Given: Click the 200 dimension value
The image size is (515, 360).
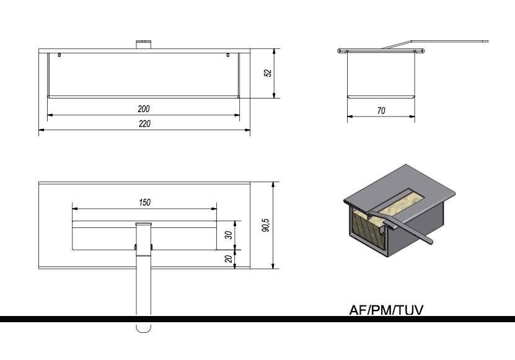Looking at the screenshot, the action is tap(144, 108).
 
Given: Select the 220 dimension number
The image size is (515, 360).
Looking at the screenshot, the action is tap(144, 123).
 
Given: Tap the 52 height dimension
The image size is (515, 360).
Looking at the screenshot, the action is tap(268, 73).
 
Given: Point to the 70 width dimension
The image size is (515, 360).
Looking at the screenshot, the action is tap(381, 111).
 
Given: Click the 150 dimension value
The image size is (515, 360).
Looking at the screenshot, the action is tap(144, 203).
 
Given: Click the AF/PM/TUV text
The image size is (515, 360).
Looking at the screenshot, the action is tap(386, 310).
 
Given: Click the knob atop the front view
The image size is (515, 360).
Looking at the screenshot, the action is tap(144, 45).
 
